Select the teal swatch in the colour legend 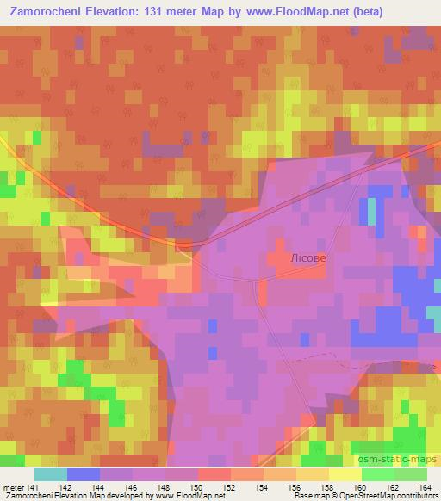pos(51,473)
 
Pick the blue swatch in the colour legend pos(84,473)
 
